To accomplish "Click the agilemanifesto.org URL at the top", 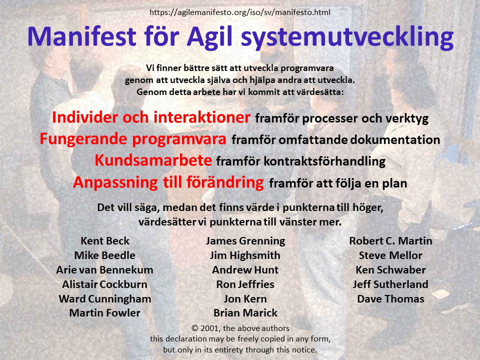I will pyautogui.click(x=240, y=12).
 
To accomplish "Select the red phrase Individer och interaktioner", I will pyautogui.click(x=151, y=117).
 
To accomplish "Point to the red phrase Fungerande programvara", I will pyautogui.click(x=133, y=139).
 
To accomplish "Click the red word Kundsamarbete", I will pyautogui.click(x=153, y=160).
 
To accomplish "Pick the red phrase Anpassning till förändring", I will pyautogui.click(x=168, y=182).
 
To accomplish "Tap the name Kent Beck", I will pyautogui.click(x=104, y=240).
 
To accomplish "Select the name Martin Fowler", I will pyautogui.click(x=104, y=313).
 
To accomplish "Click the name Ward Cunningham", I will pyautogui.click(x=104, y=298).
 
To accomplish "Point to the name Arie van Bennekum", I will pyautogui.click(x=104, y=269).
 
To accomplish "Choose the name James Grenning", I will pyautogui.click(x=245, y=240).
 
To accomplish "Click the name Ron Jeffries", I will pyautogui.click(x=245, y=284).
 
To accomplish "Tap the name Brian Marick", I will pyautogui.click(x=245, y=313).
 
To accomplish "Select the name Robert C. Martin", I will pyautogui.click(x=390, y=240).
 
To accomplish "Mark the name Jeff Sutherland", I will pyautogui.click(x=390, y=284).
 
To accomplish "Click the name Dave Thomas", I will pyautogui.click(x=390, y=298).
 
